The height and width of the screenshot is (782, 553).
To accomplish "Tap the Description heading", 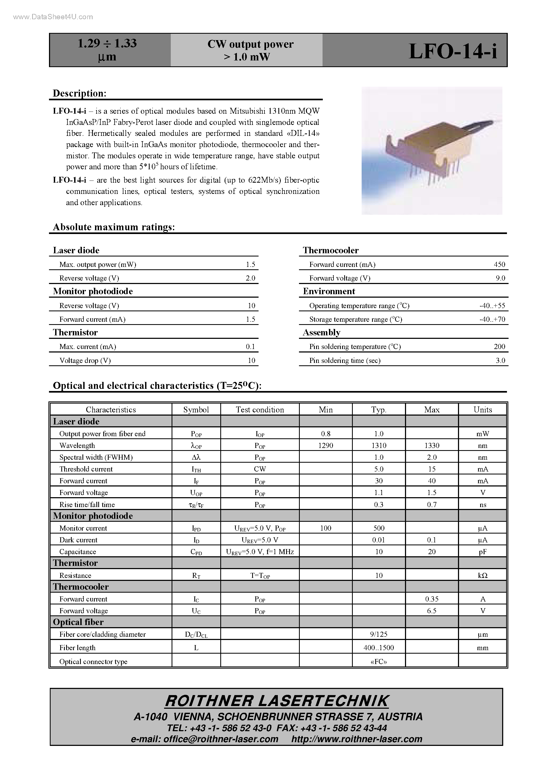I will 79,93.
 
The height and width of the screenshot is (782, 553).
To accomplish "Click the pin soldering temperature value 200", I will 499,347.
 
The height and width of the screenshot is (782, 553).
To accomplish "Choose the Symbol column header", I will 196,410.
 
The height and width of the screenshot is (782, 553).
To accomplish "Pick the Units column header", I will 482,410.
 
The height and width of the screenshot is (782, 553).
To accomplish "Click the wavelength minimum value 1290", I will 325,446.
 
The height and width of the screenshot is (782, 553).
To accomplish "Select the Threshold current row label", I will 86,469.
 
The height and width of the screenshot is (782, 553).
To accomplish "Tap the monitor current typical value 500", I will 379,528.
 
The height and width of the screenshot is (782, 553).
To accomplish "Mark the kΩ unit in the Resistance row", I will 482,576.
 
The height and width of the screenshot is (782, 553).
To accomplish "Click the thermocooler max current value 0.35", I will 432,599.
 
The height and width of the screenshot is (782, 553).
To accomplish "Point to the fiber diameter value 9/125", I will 379,634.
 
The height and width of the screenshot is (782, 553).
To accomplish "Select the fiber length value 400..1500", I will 379,648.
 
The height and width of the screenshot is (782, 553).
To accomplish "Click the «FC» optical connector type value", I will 379,662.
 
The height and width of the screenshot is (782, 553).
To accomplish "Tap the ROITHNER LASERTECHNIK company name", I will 276,701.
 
